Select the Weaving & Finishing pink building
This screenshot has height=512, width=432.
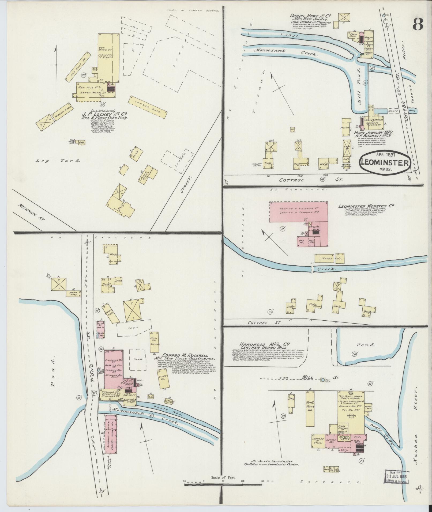tap(299, 211)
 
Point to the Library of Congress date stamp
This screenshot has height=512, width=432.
tap(397, 477)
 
